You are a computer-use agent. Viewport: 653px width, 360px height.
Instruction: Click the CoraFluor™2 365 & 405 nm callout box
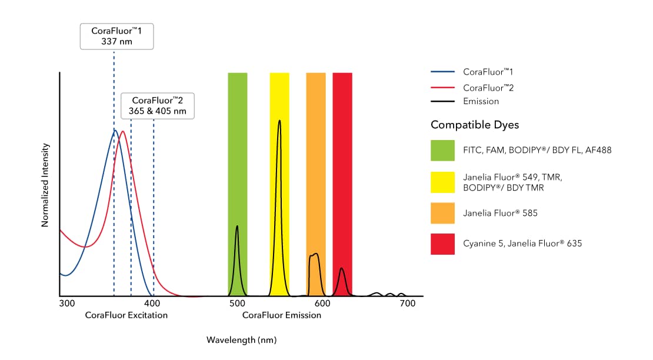tap(158, 106)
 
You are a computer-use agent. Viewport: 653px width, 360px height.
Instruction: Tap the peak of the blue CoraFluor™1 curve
tap(115, 131)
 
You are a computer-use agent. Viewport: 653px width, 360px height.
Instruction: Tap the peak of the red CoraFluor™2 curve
tap(122, 131)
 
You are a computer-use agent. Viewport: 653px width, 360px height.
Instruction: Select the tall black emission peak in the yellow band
tap(279, 121)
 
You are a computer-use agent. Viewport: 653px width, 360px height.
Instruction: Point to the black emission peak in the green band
tap(237, 226)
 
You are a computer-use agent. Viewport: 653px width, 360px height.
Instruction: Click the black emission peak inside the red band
tap(342, 269)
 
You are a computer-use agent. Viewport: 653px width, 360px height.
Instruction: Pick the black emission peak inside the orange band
tap(316, 255)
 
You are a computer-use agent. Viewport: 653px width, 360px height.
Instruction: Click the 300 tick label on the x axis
tap(67, 304)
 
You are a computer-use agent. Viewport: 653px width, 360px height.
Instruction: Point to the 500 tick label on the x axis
tap(237, 304)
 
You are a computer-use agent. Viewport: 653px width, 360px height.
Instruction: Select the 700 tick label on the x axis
tap(408, 304)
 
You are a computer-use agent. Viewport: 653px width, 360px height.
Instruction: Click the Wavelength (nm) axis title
tap(241, 340)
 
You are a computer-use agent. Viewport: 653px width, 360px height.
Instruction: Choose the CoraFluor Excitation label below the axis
tap(126, 315)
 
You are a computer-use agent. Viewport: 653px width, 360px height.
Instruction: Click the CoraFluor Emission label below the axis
tap(282, 315)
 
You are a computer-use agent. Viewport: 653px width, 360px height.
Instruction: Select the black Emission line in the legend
tap(442, 102)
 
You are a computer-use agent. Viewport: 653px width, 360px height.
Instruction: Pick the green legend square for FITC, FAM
tap(442, 150)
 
